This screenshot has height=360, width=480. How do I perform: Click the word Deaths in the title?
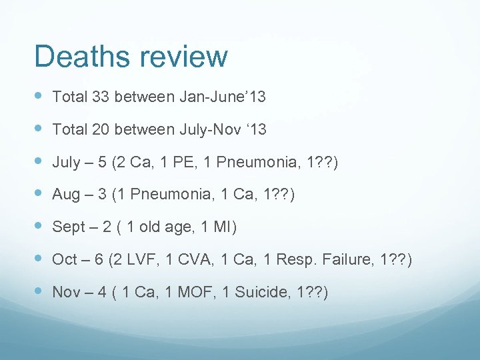(x=76, y=56)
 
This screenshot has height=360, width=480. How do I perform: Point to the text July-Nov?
(x=210, y=129)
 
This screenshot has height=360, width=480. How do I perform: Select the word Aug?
(x=66, y=195)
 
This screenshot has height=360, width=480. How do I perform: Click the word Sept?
(x=69, y=227)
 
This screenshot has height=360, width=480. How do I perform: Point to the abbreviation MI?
(x=223, y=227)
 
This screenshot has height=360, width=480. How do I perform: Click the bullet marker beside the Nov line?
(x=39, y=292)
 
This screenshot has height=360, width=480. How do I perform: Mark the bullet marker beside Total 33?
(x=39, y=97)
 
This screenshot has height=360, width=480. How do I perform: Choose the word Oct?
(x=65, y=259)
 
